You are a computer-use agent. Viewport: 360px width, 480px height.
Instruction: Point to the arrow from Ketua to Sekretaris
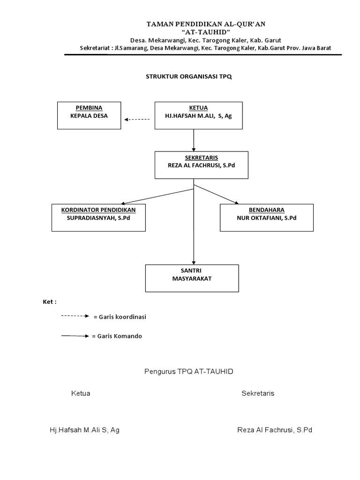pyautogui.click(x=194, y=140)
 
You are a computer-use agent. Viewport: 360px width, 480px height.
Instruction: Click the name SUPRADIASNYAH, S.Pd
pyautogui.click(x=98, y=218)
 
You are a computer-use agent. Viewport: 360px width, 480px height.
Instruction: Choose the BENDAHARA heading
pyautogui.click(x=267, y=210)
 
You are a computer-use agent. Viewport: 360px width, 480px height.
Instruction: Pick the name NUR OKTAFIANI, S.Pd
pyautogui.click(x=267, y=218)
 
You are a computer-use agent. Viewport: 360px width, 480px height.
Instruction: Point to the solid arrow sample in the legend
pyautogui.click(x=75, y=336)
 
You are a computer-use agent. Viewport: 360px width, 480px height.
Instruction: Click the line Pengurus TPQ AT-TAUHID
pyautogui.click(x=188, y=371)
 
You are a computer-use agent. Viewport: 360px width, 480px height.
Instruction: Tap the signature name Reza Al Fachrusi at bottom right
pyautogui.click(x=274, y=430)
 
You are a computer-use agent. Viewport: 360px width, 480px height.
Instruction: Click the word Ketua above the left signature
pyautogui.click(x=81, y=393)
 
